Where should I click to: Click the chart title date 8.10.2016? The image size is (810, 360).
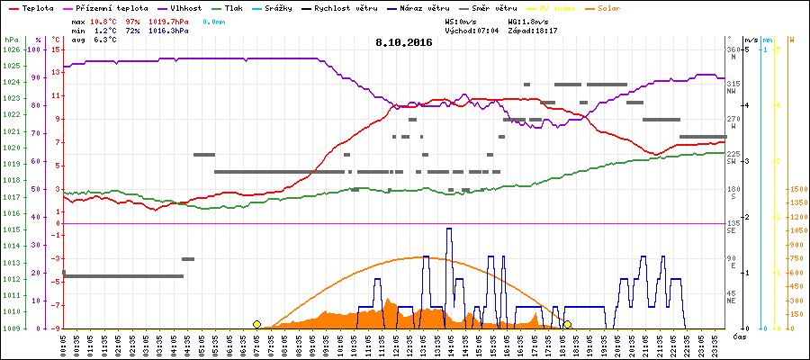click(x=404, y=42)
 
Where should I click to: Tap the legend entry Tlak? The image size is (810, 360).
click(x=242, y=6)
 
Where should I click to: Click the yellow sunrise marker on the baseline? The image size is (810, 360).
click(x=257, y=324)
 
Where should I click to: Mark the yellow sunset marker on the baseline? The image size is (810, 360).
click(x=567, y=324)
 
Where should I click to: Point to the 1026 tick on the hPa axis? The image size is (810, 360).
click(x=11, y=49)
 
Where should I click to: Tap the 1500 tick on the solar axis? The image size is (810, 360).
click(x=796, y=189)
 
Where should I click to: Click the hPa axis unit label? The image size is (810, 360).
click(x=10, y=40)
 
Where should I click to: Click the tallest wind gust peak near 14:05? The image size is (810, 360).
click(x=449, y=229)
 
